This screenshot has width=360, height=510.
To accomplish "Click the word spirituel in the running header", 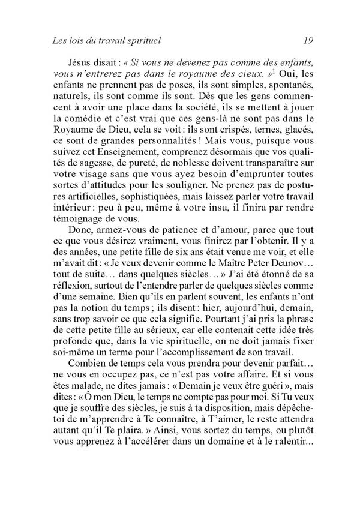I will point(143,41).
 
